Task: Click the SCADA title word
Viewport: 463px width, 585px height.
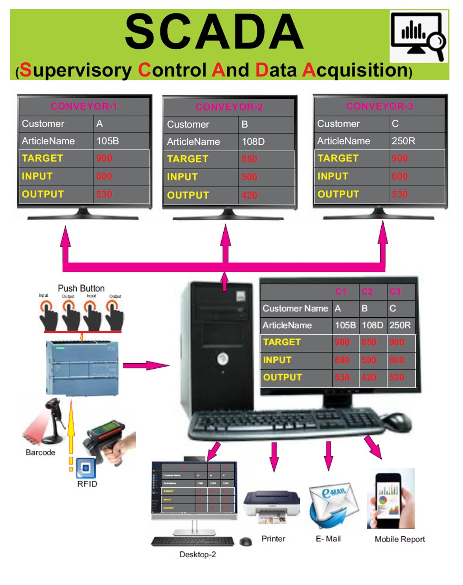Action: click(x=214, y=32)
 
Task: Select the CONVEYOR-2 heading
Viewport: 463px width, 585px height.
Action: click(x=229, y=107)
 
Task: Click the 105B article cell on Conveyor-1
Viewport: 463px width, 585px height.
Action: click(x=108, y=141)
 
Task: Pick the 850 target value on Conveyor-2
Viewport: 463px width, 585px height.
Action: click(x=249, y=159)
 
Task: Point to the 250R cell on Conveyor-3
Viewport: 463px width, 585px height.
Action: click(x=403, y=141)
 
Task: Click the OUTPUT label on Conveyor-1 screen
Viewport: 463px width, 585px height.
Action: click(x=43, y=194)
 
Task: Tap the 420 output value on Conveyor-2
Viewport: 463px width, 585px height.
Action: click(x=249, y=195)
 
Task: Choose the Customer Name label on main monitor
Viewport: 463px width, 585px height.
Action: click(x=295, y=308)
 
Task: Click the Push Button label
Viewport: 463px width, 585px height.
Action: click(x=81, y=288)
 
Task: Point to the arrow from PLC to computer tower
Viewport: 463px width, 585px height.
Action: click(x=146, y=365)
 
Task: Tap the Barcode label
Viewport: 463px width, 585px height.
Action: click(x=40, y=452)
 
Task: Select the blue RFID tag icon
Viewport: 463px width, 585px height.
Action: click(x=86, y=468)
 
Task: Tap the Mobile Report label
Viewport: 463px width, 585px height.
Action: click(x=400, y=539)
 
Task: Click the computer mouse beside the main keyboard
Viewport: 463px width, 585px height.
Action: click(x=397, y=421)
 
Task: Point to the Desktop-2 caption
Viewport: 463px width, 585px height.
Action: click(x=198, y=554)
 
